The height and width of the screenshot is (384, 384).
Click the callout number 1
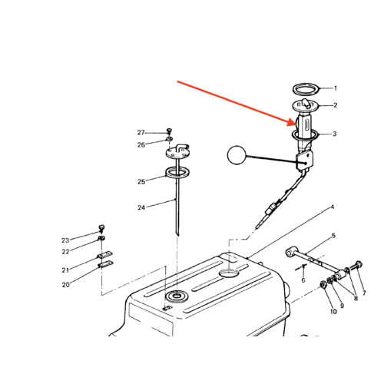336,88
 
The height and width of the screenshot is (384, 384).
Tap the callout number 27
141,133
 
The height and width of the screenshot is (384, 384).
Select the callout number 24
141,207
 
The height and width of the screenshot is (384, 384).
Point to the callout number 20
66,284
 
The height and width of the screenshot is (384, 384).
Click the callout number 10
333,312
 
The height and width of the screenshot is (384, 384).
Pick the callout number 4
333,207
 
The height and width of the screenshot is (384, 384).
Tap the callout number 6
303,280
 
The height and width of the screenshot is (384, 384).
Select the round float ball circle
237,155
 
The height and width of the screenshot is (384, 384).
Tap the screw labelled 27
169,131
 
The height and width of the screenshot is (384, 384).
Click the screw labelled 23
101,228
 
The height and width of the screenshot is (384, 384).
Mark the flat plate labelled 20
105,263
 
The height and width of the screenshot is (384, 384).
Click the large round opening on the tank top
229,273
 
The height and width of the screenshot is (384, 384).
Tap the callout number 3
335,134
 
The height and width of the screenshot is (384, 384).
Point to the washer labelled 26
169,139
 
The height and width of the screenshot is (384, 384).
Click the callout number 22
66,252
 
